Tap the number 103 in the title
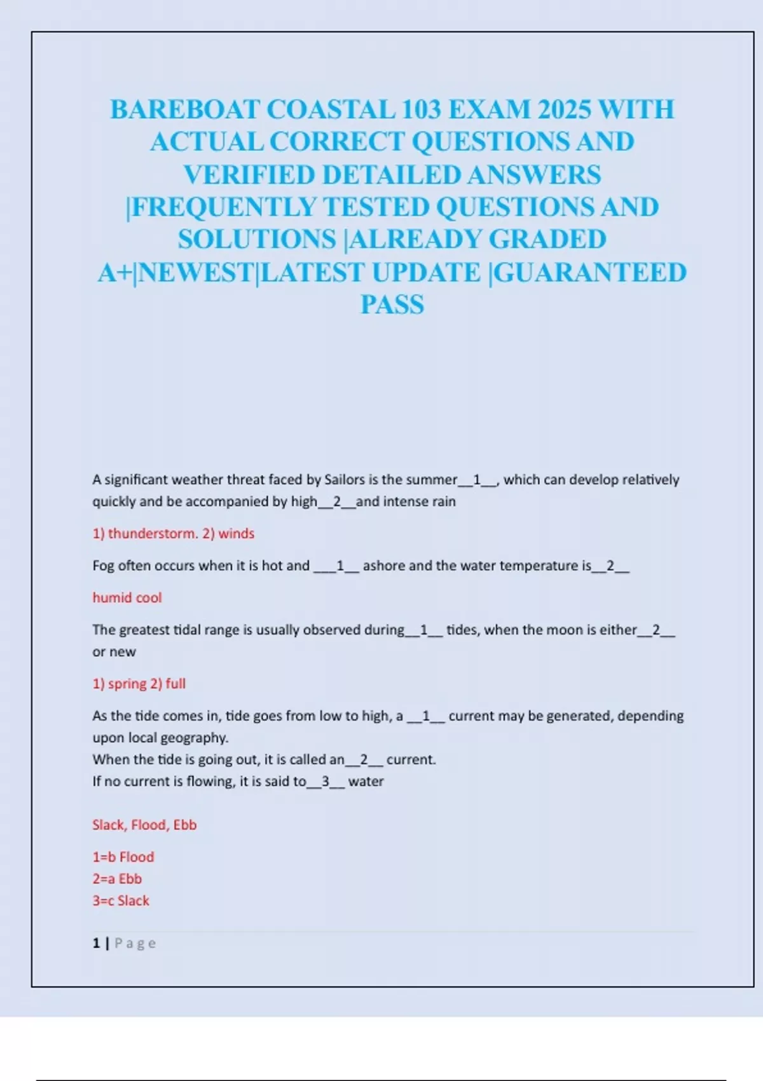421,109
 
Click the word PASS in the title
392,305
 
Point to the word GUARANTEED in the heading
590,272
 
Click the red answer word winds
236,534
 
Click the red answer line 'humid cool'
127,598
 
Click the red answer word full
175,684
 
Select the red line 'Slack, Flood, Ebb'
144,825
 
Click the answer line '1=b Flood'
123,857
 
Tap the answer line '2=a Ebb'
117,879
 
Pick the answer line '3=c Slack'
121,901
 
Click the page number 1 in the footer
96,943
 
